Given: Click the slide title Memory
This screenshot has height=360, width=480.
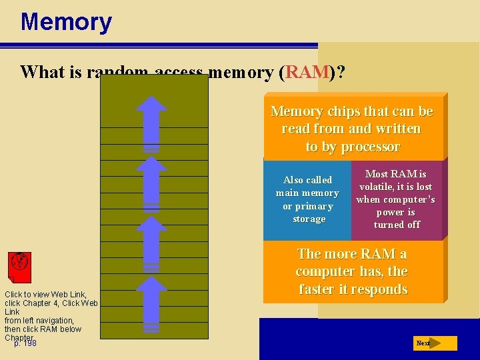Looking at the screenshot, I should [x=66, y=22].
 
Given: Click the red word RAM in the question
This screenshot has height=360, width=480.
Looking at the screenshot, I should [x=306, y=71].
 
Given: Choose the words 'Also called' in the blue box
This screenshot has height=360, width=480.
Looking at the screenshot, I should [x=307, y=180].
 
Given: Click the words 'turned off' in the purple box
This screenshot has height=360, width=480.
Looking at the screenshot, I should [x=397, y=225].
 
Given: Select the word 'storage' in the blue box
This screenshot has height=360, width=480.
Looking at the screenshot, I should [x=309, y=219].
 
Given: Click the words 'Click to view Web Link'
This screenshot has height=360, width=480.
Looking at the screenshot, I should [x=45, y=295].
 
